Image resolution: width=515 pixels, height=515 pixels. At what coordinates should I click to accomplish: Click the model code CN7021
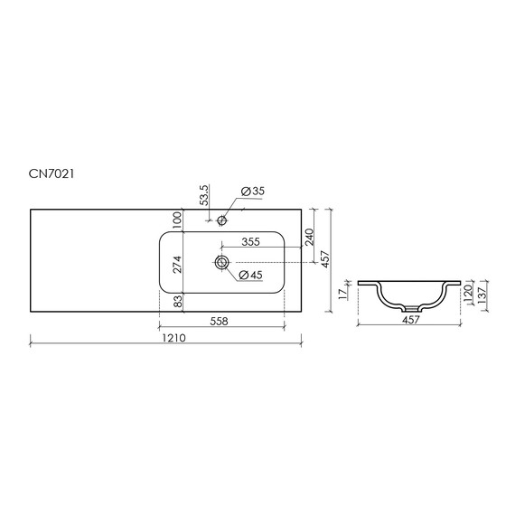[51, 173]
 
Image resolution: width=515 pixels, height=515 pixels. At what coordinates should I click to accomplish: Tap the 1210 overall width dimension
[173, 338]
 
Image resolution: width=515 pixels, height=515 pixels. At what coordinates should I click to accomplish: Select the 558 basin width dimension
[219, 321]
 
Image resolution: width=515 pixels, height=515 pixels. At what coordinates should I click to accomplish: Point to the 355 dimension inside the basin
[250, 242]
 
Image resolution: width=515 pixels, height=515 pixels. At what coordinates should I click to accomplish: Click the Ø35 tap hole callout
[253, 192]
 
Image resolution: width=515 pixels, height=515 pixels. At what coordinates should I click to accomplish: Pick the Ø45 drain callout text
[251, 275]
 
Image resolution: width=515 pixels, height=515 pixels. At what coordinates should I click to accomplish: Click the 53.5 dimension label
[203, 195]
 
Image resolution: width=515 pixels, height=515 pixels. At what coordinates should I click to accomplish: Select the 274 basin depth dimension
[177, 264]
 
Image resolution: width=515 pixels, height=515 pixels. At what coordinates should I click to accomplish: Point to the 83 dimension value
[177, 301]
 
